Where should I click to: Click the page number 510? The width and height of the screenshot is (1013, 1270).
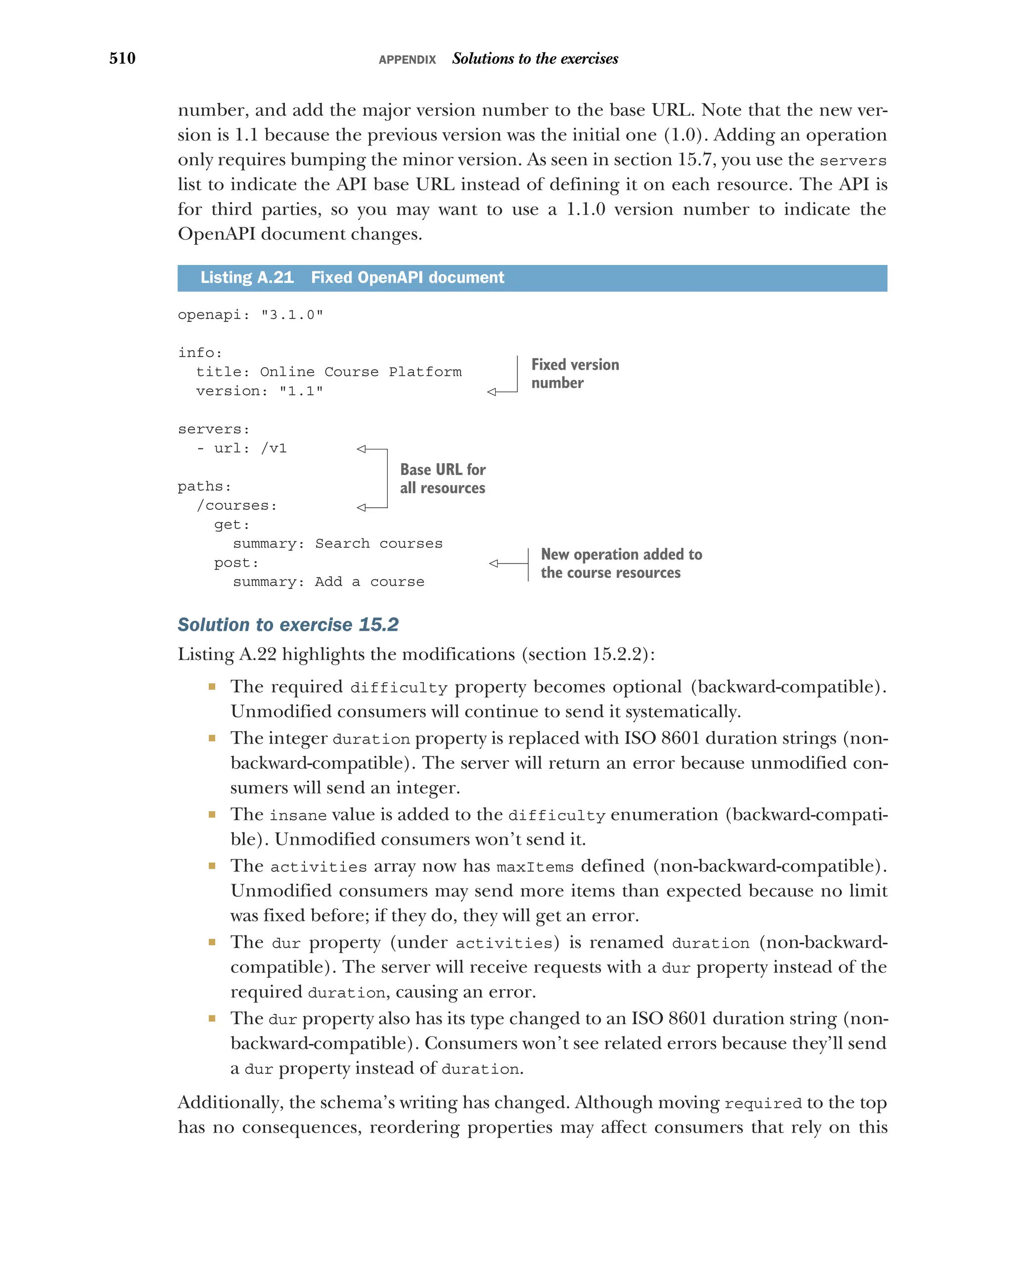coord(122,58)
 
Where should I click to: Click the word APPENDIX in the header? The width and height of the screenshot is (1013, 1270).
coord(407,59)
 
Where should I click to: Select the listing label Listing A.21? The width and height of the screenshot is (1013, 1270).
coord(246,277)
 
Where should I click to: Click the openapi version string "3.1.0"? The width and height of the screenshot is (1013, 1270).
coord(292,314)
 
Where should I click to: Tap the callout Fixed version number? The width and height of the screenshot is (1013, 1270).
coord(575,373)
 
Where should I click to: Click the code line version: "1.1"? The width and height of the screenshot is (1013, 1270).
coord(259,391)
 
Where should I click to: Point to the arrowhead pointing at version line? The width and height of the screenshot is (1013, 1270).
coord(492,392)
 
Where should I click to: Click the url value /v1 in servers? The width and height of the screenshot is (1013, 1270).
coord(274,448)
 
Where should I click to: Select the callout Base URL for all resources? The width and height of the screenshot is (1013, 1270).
coord(442,479)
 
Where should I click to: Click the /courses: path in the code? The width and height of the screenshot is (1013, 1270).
coord(236,505)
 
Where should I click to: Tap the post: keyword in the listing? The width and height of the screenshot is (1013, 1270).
coord(236,563)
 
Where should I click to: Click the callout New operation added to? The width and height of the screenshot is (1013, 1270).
coord(621,554)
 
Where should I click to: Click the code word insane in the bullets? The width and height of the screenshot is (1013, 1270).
coord(298,815)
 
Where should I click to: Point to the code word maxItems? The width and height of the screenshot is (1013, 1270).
coord(535,867)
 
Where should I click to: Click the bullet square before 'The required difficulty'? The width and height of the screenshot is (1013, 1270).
coord(212,686)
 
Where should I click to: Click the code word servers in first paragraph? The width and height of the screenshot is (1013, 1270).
coord(852,160)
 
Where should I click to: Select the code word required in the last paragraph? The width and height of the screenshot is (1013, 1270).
coord(763,1104)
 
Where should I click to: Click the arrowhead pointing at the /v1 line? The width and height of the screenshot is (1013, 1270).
coord(361,449)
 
